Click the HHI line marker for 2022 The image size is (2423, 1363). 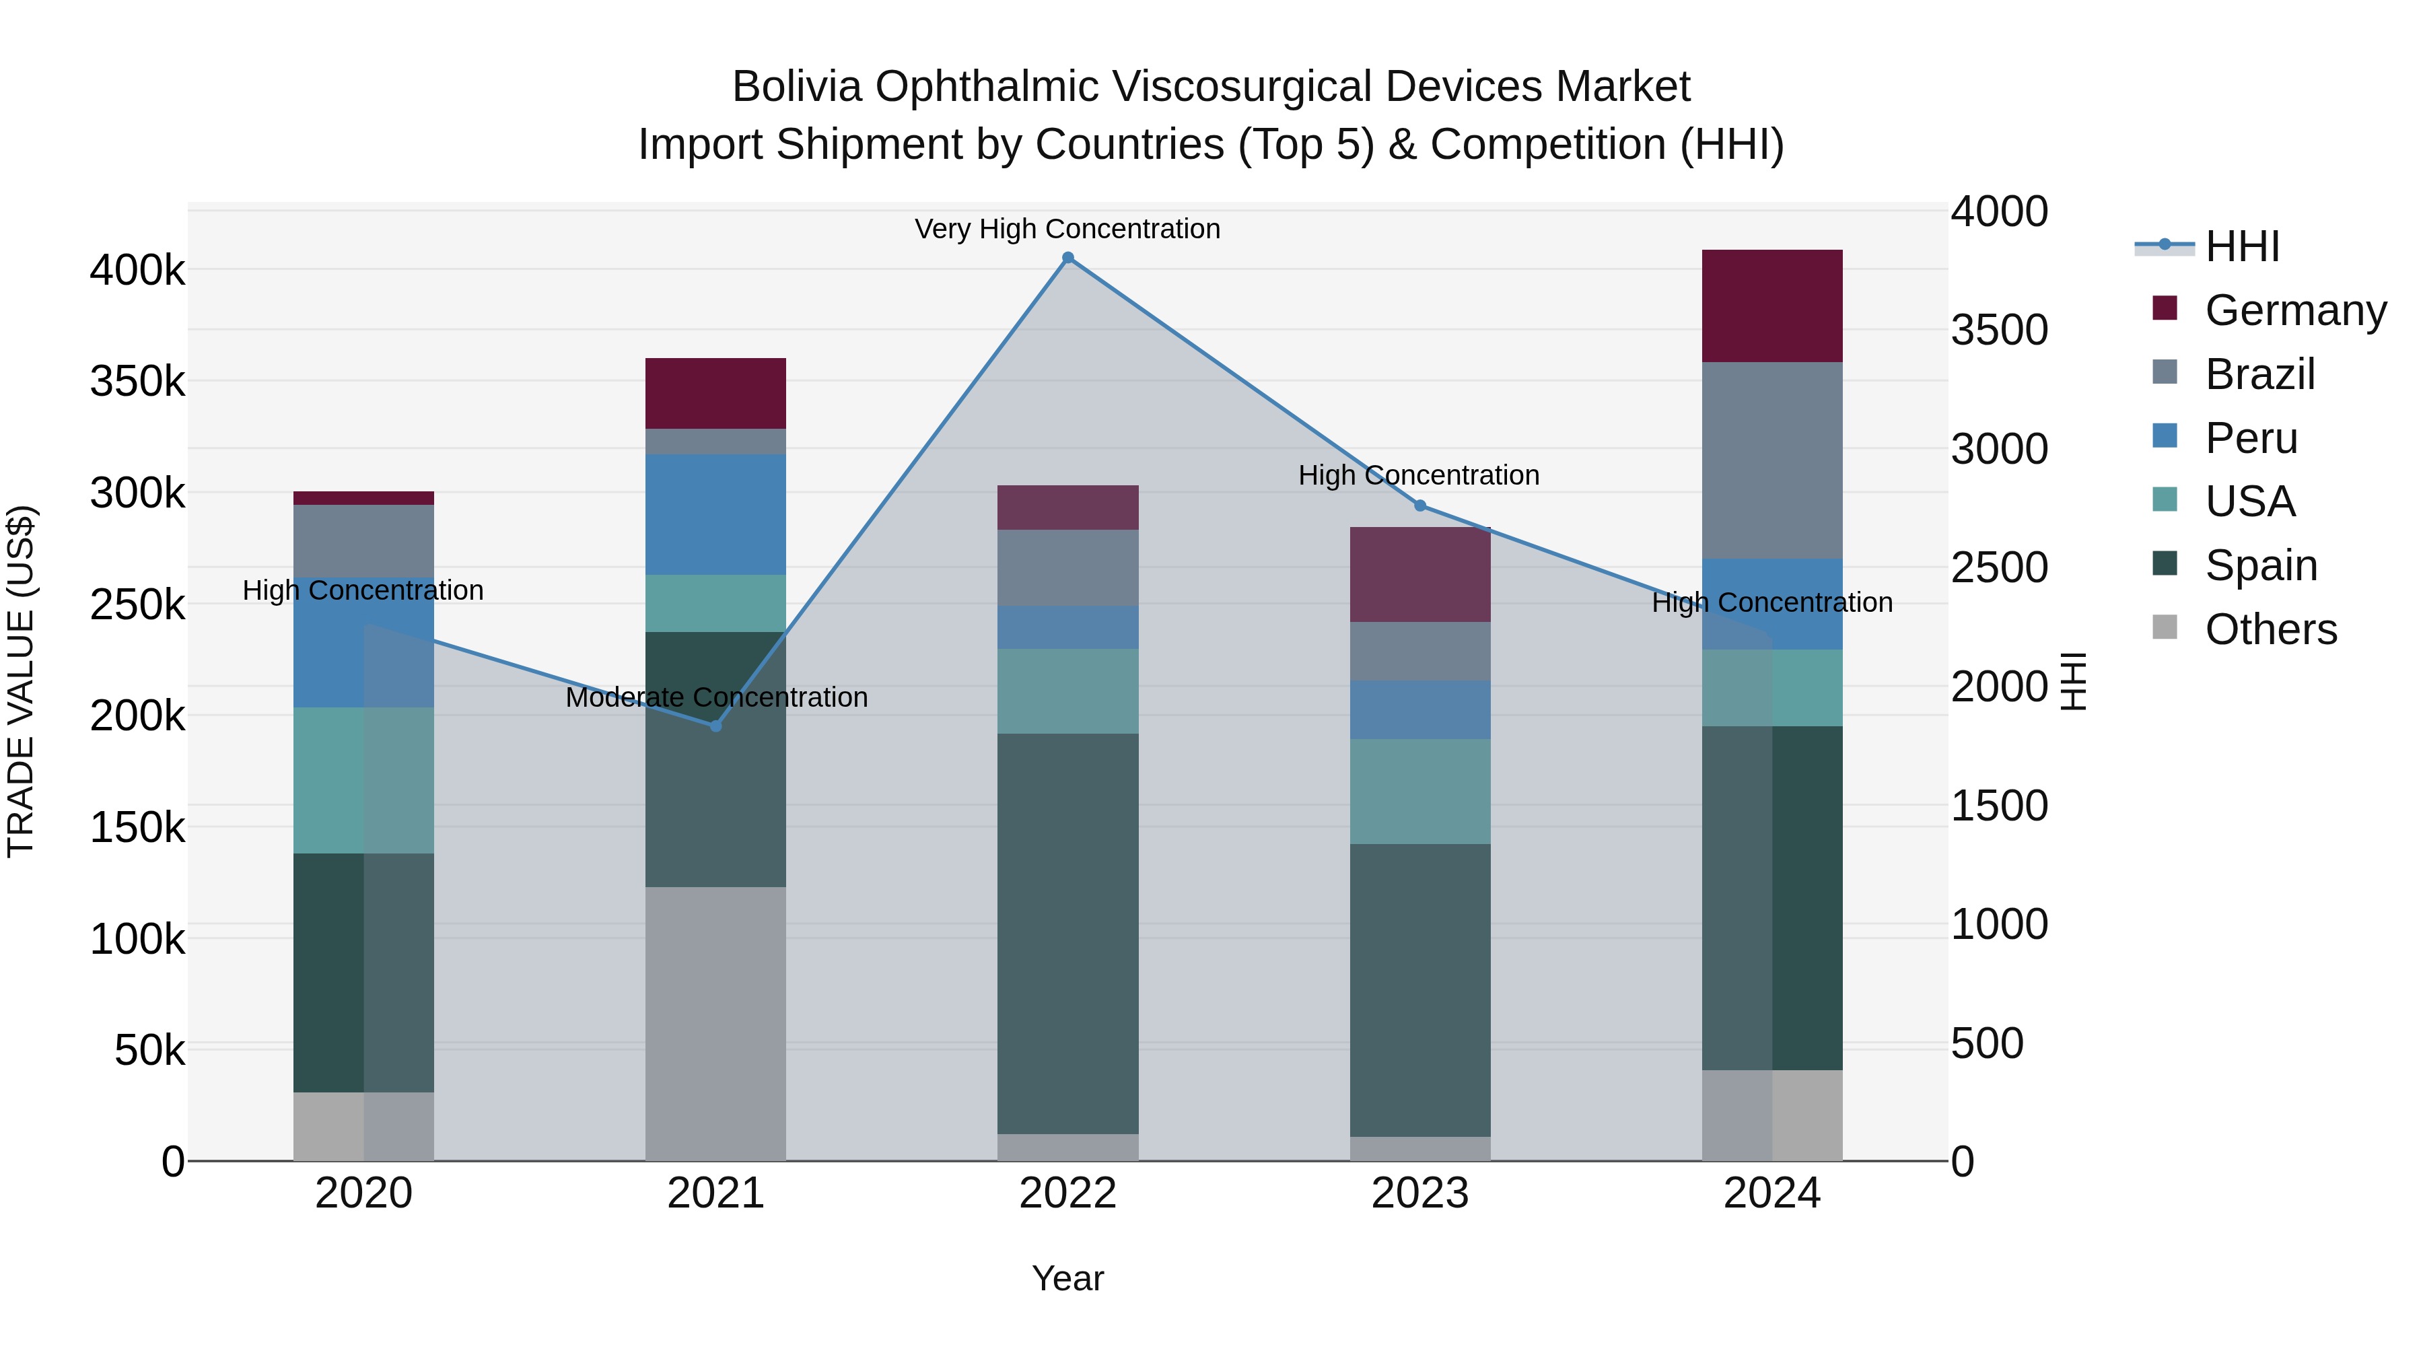(x=1067, y=258)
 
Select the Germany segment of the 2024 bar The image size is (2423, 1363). (x=1772, y=306)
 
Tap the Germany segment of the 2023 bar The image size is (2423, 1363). (x=1420, y=575)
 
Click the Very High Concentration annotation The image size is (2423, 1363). (x=1067, y=230)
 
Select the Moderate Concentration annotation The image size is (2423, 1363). (x=716, y=698)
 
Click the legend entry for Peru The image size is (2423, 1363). (x=2251, y=438)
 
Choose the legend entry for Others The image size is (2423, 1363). (x=2271, y=629)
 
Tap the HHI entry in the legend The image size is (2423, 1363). (x=2243, y=246)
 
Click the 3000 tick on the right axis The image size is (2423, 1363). (x=1999, y=450)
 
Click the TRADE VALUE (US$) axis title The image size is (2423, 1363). (x=21, y=681)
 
